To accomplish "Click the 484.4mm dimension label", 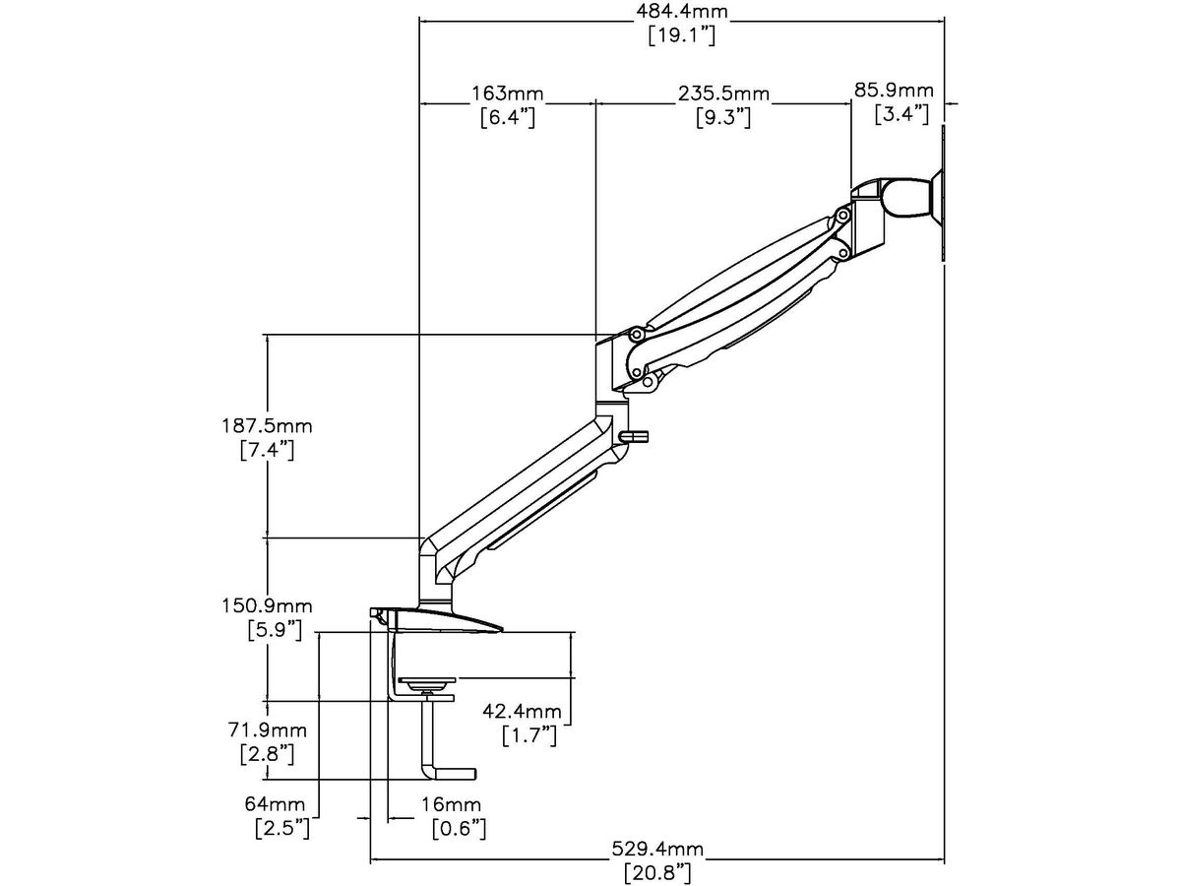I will [681, 13].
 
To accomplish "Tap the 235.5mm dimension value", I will [723, 94].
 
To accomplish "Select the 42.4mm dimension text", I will [529, 711].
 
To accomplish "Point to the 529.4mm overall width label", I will [658, 848].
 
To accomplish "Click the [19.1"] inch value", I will [681, 36].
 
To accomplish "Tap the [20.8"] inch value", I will [658, 871].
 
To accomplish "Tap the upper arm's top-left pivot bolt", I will [636, 335].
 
